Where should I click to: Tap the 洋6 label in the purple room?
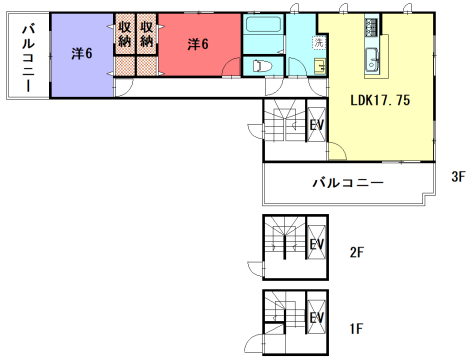(82, 53)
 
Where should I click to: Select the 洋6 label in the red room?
(198, 44)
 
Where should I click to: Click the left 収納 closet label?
(124, 35)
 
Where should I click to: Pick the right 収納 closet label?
(146, 35)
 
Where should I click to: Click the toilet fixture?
(260, 64)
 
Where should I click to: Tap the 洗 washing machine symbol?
(319, 43)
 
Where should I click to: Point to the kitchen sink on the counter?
(371, 56)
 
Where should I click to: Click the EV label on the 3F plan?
(316, 126)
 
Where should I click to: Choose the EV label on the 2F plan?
(316, 244)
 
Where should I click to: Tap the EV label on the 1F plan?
(316, 319)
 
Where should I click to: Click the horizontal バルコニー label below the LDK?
(347, 183)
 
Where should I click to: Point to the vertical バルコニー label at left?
(27, 57)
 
